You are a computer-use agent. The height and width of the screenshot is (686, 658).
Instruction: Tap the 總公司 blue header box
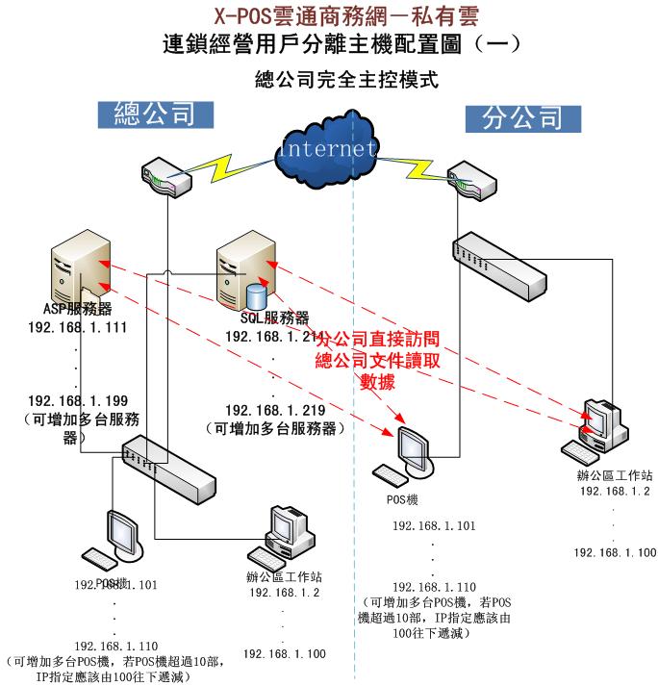point(154,114)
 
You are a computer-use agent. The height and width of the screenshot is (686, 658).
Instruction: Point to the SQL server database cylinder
point(256,294)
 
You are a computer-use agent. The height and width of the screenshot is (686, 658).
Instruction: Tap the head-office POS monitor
point(125,533)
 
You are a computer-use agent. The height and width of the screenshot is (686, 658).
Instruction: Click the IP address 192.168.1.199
point(79,400)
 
